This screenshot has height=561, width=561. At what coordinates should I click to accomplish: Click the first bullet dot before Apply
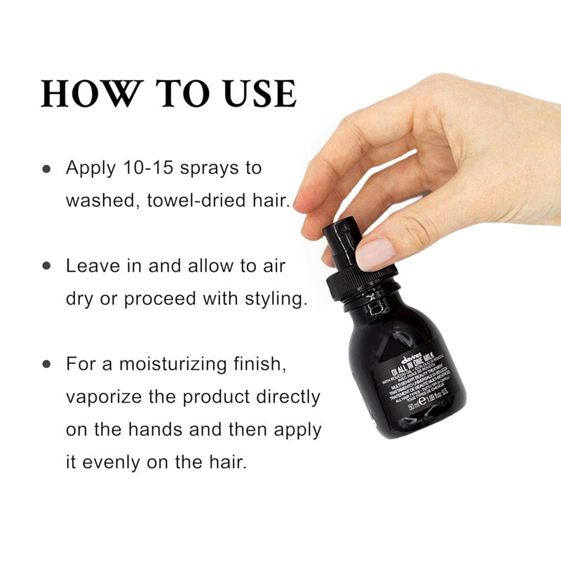click(47, 169)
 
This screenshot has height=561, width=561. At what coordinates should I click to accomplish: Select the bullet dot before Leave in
click(47, 266)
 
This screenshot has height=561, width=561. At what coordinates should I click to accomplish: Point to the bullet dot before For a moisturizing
click(47, 365)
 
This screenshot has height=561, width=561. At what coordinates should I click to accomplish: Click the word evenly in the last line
click(121, 463)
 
